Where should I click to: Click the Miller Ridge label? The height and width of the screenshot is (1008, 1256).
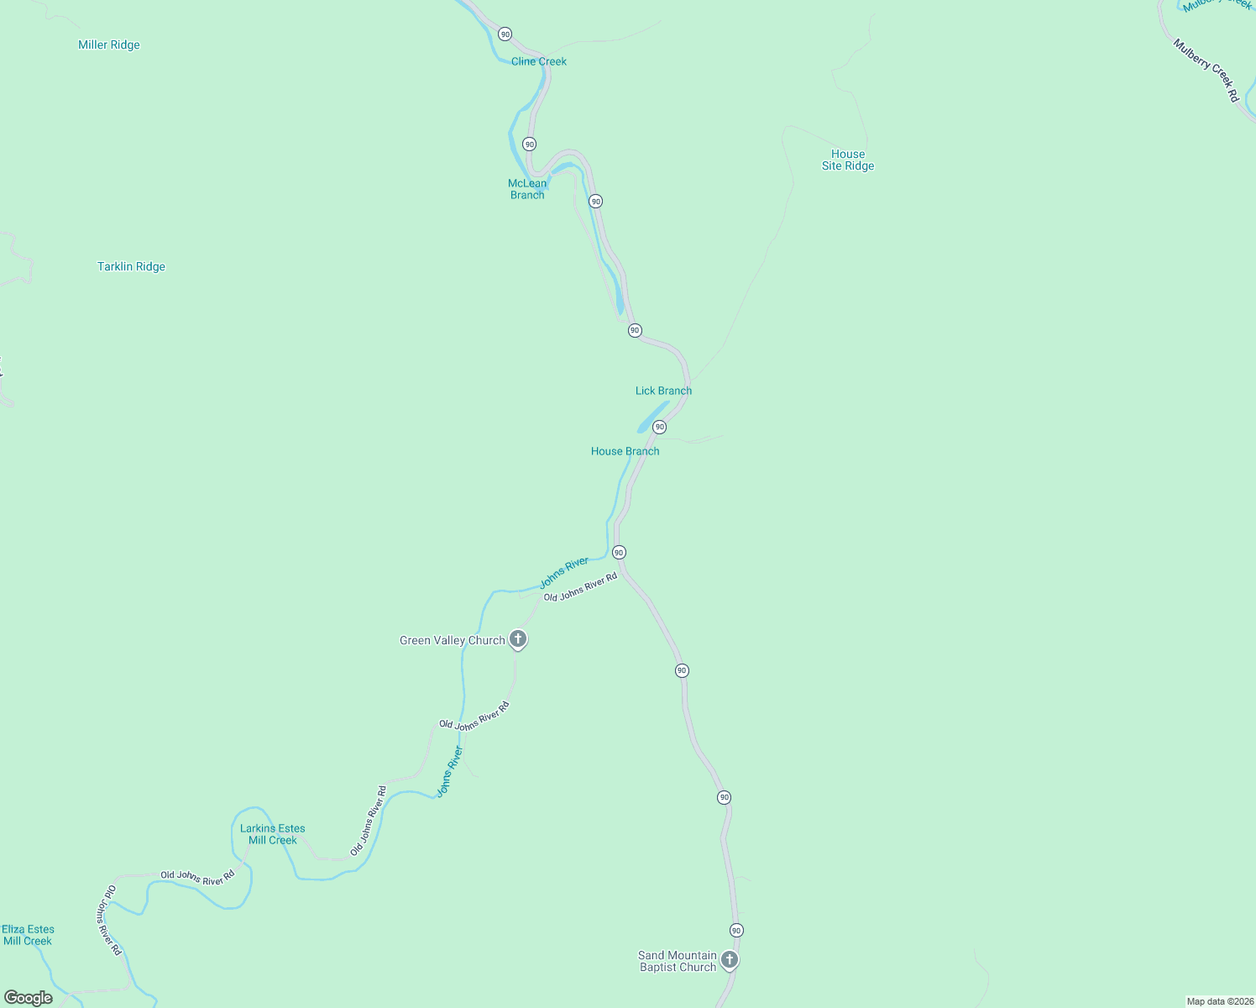(x=109, y=45)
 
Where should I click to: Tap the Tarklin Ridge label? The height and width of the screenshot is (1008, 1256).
(x=131, y=267)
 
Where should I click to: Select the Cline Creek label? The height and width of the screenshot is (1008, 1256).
(x=539, y=61)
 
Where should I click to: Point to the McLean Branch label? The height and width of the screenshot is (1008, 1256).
(x=527, y=189)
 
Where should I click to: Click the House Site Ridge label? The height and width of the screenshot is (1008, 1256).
(x=848, y=160)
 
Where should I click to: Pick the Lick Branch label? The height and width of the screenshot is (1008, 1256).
(x=663, y=391)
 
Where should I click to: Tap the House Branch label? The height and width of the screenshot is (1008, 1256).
(x=625, y=451)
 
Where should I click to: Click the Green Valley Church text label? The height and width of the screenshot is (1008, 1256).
(x=452, y=640)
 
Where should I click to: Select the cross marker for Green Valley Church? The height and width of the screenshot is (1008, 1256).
(x=519, y=639)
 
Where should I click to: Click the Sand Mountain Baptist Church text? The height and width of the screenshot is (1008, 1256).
(x=678, y=961)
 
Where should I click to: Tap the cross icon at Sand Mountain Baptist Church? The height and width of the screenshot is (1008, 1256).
(x=730, y=959)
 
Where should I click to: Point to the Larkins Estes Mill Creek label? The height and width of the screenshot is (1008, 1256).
(x=273, y=834)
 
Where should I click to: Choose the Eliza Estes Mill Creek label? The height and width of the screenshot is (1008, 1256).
(x=28, y=935)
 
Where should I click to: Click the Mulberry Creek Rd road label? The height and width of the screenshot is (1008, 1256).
(x=1206, y=71)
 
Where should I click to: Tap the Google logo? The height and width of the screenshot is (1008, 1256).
(x=29, y=998)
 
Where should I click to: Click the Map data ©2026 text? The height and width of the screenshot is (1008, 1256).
(x=1219, y=1001)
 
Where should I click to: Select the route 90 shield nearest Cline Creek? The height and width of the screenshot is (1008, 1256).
(x=505, y=34)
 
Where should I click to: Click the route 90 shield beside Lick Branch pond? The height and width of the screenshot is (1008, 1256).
(x=660, y=427)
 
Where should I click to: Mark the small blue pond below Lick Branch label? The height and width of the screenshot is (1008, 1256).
(x=652, y=417)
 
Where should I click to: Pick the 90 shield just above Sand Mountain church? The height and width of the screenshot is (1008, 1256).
(x=736, y=930)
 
